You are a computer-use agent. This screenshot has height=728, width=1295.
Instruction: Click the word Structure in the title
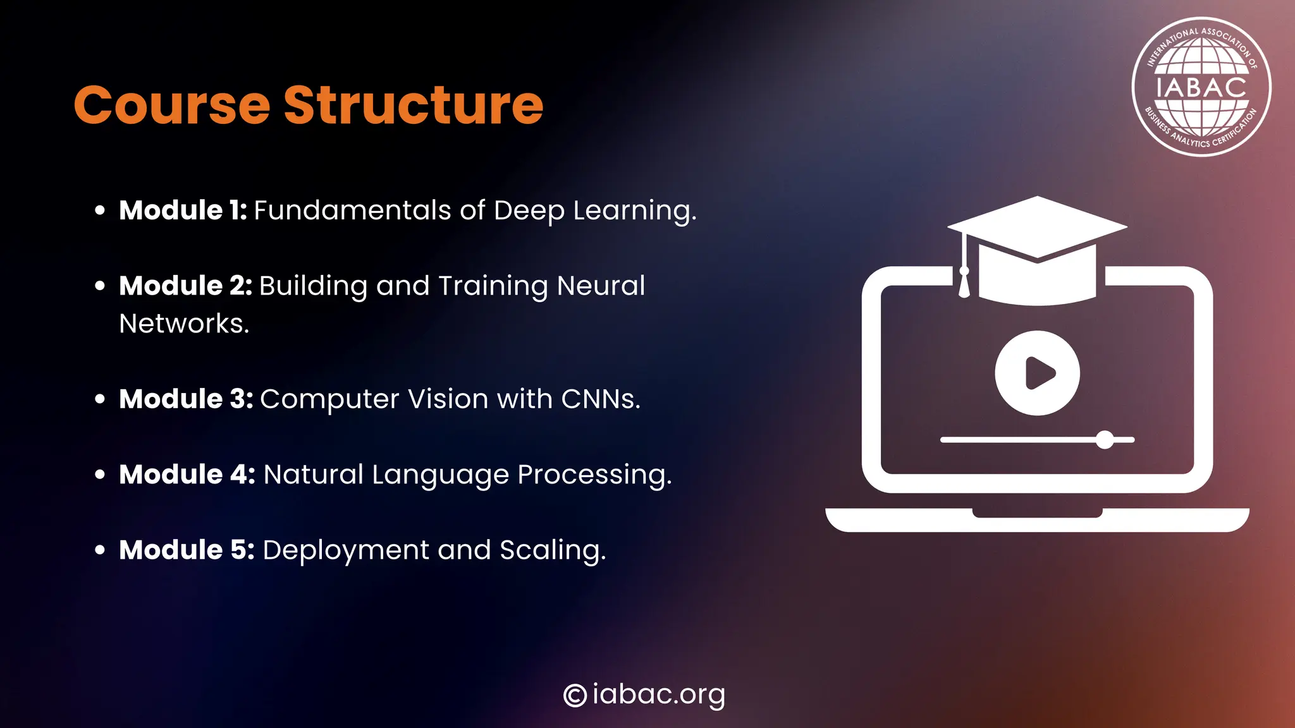[414, 105]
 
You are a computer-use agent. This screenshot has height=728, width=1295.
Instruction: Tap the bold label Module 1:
[183, 210]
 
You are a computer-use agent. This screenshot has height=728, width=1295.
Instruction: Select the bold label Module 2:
[185, 286]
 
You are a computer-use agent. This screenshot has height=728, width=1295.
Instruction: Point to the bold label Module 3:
[186, 399]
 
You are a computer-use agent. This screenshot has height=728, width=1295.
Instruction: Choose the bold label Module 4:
[187, 475]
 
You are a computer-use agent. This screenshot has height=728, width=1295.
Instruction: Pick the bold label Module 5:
[187, 550]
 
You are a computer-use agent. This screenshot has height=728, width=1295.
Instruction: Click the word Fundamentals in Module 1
[352, 210]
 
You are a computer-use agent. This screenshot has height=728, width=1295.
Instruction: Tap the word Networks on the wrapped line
[183, 324]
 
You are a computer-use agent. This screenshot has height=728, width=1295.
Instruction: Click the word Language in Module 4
[440, 475]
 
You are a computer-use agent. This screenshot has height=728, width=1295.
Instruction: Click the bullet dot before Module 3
[100, 399]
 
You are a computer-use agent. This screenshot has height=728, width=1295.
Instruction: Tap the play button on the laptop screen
[1037, 373]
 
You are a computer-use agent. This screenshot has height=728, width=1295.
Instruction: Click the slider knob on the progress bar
[1105, 440]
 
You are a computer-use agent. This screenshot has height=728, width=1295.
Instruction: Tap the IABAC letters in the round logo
[1201, 87]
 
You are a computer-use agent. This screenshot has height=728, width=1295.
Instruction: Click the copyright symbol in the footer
[575, 695]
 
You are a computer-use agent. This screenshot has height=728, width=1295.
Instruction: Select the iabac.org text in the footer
[658, 695]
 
